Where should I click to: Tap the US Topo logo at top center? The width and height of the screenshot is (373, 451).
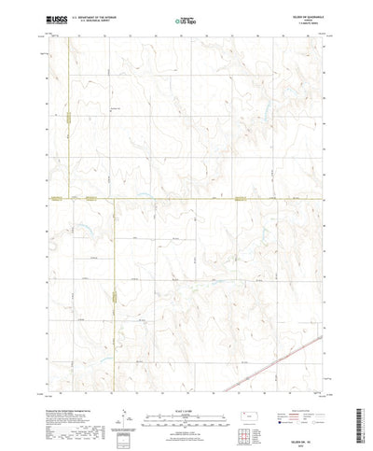pos(186,18)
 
